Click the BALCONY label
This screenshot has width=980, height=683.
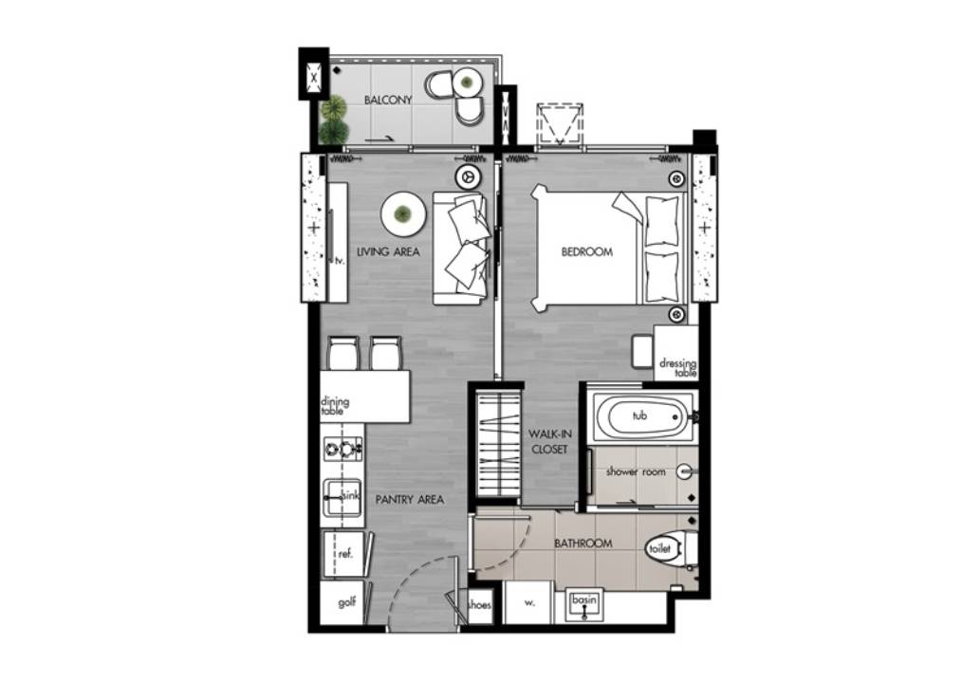point(388,100)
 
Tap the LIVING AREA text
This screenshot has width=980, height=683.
point(388,251)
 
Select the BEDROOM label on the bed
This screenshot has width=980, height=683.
point(587,251)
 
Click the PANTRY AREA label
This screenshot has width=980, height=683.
point(410,499)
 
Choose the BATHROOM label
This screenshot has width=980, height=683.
point(583,544)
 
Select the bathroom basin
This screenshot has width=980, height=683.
point(584,604)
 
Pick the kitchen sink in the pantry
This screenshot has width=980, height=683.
point(342,498)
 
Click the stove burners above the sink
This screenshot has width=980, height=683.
point(342,448)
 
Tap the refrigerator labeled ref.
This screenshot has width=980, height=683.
point(345,554)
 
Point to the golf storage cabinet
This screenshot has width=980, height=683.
point(345,602)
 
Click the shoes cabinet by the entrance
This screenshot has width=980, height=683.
point(480,605)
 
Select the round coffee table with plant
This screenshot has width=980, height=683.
point(404,214)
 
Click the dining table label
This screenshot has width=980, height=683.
point(335,406)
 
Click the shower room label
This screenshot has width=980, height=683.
point(636,471)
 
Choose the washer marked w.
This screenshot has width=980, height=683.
point(529,603)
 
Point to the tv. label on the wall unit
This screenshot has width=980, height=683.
point(340,261)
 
